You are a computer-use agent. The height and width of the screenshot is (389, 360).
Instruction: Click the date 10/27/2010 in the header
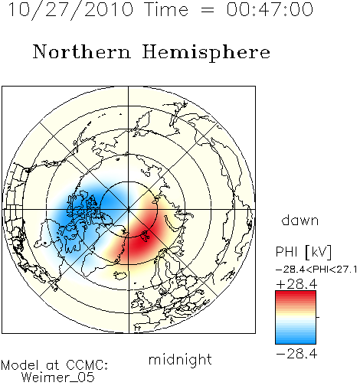pyautogui.click(x=70, y=10)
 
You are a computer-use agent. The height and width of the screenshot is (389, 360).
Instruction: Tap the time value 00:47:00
pyautogui.click(x=270, y=10)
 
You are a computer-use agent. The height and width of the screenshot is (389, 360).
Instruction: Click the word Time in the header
pyautogui.click(x=166, y=10)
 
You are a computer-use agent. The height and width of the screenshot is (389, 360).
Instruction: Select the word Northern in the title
pyautogui.click(x=82, y=52)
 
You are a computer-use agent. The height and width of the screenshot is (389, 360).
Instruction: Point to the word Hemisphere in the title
pyautogui.click(x=206, y=53)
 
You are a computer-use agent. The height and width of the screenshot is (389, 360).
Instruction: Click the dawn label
pyautogui.click(x=300, y=221)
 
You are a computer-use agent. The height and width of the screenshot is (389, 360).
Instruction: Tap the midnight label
pyautogui.click(x=180, y=360)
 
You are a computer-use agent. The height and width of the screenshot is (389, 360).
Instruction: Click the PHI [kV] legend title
pyautogui.click(x=303, y=252)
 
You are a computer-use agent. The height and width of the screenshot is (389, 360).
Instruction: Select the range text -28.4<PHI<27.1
pyautogui.click(x=316, y=270)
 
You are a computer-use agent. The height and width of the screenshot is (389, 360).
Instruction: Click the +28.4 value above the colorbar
pyautogui.click(x=296, y=284)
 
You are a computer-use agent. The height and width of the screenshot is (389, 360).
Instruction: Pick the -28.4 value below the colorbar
pyautogui.click(x=296, y=354)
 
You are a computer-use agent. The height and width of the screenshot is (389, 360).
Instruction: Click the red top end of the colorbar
pyautogui.click(x=296, y=293)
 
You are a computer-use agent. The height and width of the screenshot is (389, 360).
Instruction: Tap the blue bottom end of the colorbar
pyautogui.click(x=296, y=342)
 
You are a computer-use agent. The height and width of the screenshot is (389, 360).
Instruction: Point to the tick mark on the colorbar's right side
pyautogui.click(x=318, y=317)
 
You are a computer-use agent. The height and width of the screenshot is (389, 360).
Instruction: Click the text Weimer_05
pyautogui.click(x=58, y=378)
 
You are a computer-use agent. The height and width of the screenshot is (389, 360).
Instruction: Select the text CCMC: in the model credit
pyautogui.click(x=87, y=365)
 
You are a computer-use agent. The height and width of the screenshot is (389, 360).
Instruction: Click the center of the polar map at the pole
pyautogui.click(x=129, y=209)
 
